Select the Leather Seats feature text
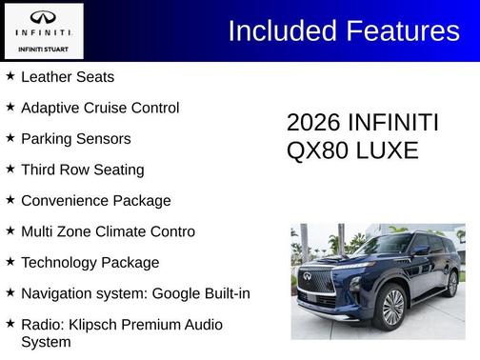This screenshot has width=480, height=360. click(67, 76)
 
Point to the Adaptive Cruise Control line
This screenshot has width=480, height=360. click(99, 108)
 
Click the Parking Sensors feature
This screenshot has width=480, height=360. click(75, 139)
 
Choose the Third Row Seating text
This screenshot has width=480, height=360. click(82, 170)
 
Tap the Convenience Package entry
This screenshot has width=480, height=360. click(95, 201)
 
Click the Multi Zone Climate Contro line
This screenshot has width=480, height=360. click(108, 231)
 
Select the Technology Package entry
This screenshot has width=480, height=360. click(90, 263)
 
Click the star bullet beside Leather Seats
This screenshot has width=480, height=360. click(10, 75)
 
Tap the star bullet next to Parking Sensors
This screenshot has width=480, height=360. click(10, 138)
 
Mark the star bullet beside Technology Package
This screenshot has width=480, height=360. click(10, 262)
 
